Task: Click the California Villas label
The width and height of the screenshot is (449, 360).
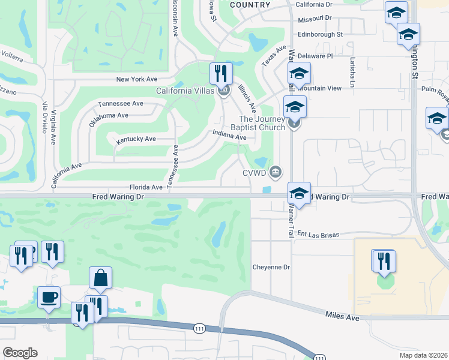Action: pyautogui.click(x=185, y=91)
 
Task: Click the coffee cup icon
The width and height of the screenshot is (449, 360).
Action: pyautogui.click(x=49, y=296)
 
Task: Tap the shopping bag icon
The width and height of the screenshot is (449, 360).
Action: pyautogui.click(x=100, y=278)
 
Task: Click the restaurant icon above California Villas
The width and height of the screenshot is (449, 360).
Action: pyautogui.click(x=221, y=74)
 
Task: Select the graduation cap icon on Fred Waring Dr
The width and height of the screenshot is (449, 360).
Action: pyautogui.click(x=299, y=194)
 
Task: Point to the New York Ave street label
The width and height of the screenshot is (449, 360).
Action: pyautogui.click(x=137, y=79)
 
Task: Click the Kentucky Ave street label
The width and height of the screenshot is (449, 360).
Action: pyautogui.click(x=136, y=139)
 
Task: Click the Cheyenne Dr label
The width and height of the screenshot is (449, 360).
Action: pyautogui.click(x=271, y=267)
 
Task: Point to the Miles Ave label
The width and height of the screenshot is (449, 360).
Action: pyautogui.click(x=342, y=316)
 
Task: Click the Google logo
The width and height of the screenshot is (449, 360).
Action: pyautogui.click(x=20, y=352)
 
